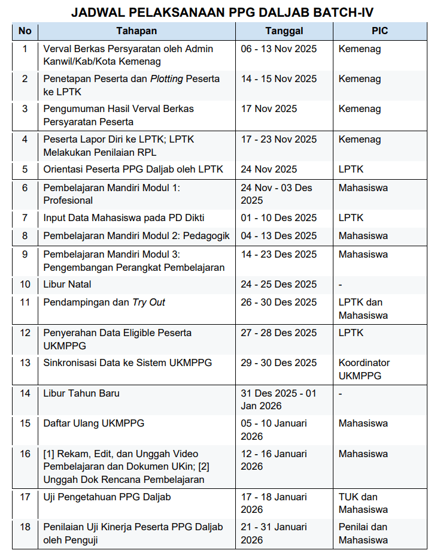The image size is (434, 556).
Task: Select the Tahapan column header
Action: point(136,31)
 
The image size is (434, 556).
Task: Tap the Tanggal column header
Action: point(284,31)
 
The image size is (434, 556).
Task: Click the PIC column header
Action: point(380,31)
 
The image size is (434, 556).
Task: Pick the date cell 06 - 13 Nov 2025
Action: point(278,49)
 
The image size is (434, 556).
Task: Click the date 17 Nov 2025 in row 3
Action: point(269,109)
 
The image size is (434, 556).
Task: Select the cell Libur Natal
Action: point(67,284)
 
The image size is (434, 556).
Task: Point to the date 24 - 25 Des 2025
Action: point(278,284)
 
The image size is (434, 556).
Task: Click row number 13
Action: point(25,362)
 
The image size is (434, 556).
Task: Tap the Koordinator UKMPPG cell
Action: point(364,369)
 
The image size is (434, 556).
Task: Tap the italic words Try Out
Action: point(148,302)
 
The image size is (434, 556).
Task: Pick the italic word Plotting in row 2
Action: point(166,79)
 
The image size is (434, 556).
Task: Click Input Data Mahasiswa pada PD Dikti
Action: point(124,217)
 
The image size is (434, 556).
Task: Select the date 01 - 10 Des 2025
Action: point(278,217)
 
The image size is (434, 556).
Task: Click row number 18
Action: point(25,527)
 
